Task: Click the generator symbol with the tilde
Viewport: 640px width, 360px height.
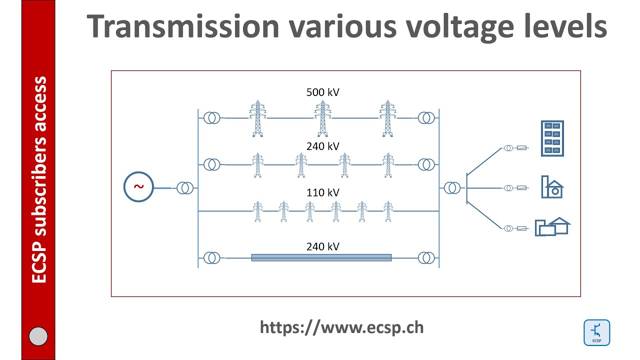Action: pyautogui.click(x=138, y=187)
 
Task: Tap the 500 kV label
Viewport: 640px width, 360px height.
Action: pyautogui.click(x=322, y=92)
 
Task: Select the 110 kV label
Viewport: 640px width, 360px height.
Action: pyautogui.click(x=322, y=192)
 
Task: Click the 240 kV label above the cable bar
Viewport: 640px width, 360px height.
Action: pyautogui.click(x=322, y=246)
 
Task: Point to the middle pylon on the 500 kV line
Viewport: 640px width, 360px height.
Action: pyautogui.click(x=322, y=118)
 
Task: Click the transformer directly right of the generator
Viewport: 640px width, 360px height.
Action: pyautogui.click(x=185, y=188)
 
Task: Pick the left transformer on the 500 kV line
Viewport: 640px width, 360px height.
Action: pyautogui.click(x=211, y=118)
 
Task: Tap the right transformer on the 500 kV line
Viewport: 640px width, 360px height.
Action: pyautogui.click(x=426, y=118)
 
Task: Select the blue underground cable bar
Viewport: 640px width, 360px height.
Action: pyautogui.click(x=321, y=257)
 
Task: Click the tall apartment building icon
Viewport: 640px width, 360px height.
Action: pyautogui.click(x=552, y=138)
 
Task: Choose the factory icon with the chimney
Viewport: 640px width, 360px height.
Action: pyautogui.click(x=552, y=187)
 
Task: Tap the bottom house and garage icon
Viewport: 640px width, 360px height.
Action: pyautogui.click(x=552, y=226)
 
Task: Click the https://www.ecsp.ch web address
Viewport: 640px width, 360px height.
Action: pyautogui.click(x=341, y=327)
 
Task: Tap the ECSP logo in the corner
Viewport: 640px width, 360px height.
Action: pyautogui.click(x=596, y=332)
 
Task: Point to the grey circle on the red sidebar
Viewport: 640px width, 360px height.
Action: pyautogui.click(x=38, y=336)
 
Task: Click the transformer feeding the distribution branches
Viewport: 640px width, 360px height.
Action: pyautogui.click(x=452, y=188)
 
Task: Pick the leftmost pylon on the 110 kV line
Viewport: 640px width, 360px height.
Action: pyautogui.click(x=257, y=211)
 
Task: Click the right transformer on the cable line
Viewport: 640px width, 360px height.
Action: pyautogui.click(x=426, y=257)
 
